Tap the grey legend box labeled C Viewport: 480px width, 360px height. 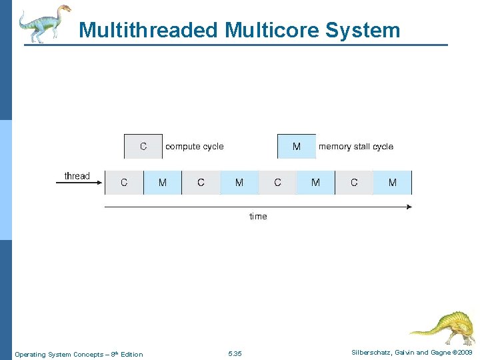143,147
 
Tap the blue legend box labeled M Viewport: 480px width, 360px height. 297,147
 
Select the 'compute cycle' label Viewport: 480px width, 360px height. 195,147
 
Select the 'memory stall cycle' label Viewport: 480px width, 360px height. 356,147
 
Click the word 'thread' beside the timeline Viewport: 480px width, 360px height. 77,176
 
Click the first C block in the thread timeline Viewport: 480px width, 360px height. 124,183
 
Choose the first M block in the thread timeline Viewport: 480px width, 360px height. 163,183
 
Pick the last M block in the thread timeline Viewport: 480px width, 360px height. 392,183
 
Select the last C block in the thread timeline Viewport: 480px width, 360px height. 354,183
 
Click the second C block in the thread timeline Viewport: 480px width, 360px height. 201,183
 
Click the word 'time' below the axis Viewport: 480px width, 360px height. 258,217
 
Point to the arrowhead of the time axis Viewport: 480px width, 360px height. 409,207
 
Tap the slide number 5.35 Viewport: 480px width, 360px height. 235,354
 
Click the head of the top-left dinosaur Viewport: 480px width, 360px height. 65,9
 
